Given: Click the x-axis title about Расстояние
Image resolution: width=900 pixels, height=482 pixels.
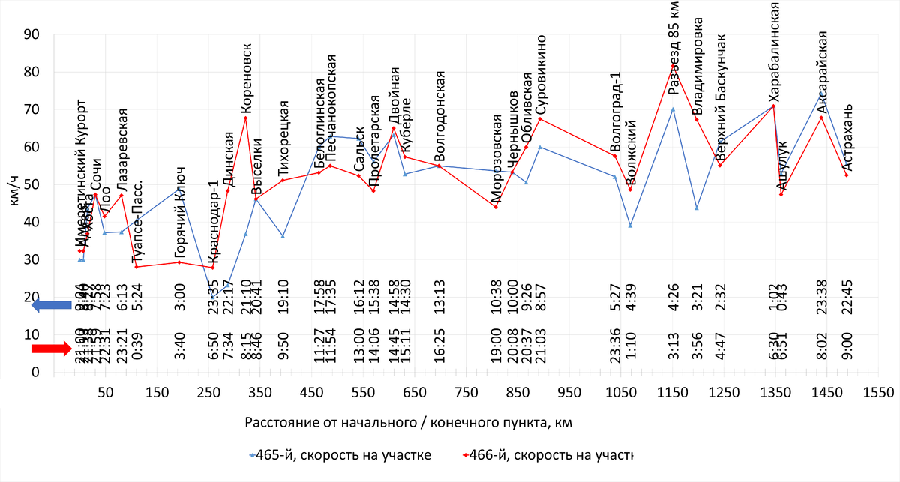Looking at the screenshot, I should [x=408, y=423].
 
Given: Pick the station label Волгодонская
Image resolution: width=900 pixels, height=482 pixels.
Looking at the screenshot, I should [x=440, y=116].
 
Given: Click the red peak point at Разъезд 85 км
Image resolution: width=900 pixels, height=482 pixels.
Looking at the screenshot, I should [x=673, y=66].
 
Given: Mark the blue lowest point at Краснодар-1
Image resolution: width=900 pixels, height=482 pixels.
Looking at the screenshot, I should [x=212, y=298].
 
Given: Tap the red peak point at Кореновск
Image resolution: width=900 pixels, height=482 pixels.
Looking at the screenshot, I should [x=245, y=118].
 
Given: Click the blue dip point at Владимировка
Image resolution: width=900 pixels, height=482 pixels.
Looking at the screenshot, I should [x=697, y=208].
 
